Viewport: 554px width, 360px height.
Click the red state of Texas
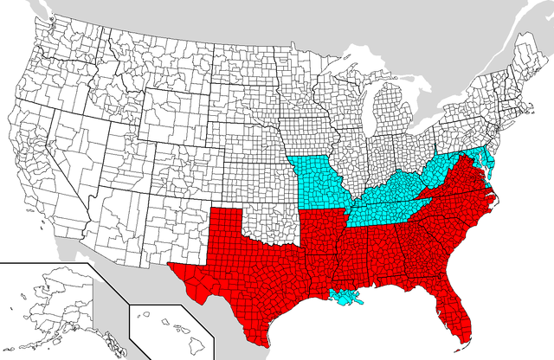pyautogui.click(x=251, y=260)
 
